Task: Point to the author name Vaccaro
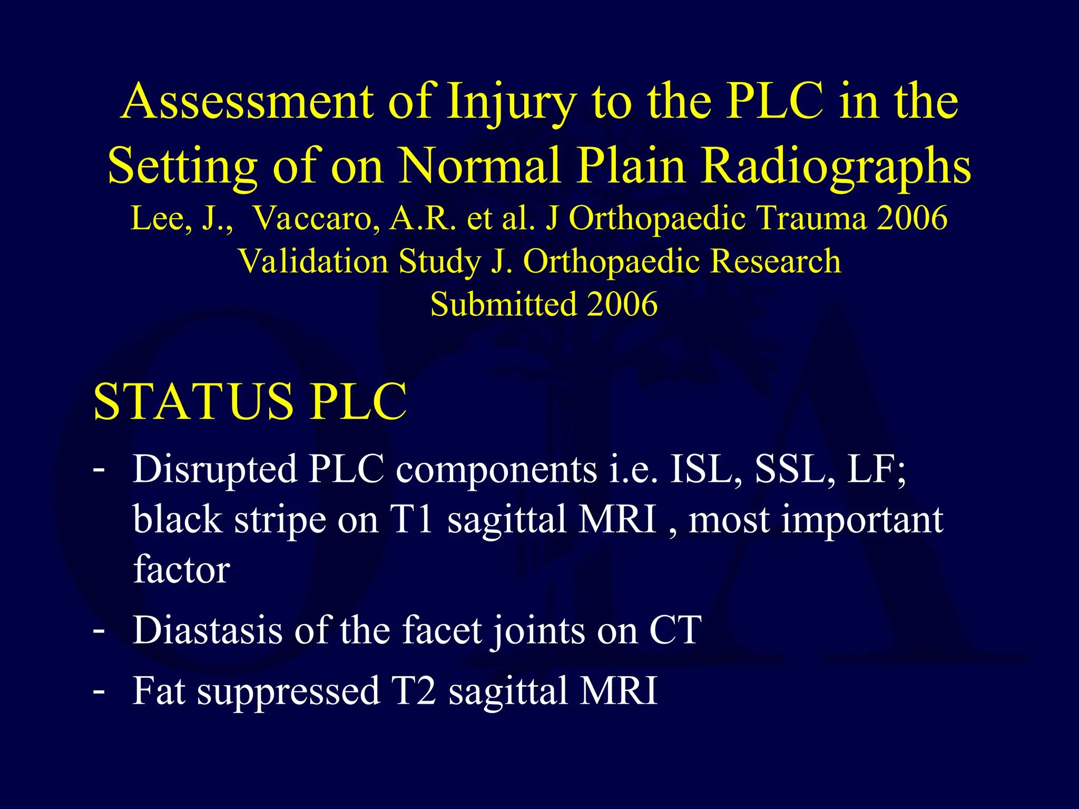point(316,218)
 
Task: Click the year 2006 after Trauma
point(912,218)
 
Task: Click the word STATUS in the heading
point(193,401)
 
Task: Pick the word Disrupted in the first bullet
point(215,469)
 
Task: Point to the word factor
point(182,569)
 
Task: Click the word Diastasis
point(208,630)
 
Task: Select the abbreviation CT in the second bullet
point(675,630)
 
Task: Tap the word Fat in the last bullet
point(159,690)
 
